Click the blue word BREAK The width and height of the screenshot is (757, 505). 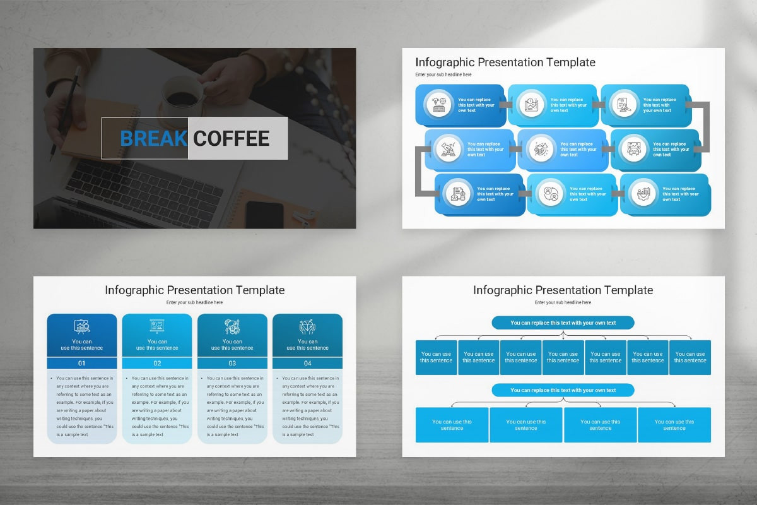point(153,138)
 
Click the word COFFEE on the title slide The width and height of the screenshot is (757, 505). point(232,138)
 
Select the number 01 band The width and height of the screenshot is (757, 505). point(82,363)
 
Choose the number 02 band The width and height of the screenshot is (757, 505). point(157,363)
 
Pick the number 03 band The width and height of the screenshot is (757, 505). point(232,363)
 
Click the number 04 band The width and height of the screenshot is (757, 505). point(307,363)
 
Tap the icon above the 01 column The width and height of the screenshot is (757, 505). point(82,326)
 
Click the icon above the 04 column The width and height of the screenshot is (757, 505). point(307,326)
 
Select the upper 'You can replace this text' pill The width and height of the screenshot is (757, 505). point(563,323)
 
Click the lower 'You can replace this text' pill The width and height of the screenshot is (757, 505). point(563,390)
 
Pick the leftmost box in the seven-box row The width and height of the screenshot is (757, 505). point(437,357)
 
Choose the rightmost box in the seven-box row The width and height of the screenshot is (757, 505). point(690,357)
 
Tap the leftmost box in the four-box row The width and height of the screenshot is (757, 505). point(452,425)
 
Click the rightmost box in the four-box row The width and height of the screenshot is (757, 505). point(674,425)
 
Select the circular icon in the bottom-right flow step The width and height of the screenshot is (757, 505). point(643,193)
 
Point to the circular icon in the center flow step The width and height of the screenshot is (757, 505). point(541,149)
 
